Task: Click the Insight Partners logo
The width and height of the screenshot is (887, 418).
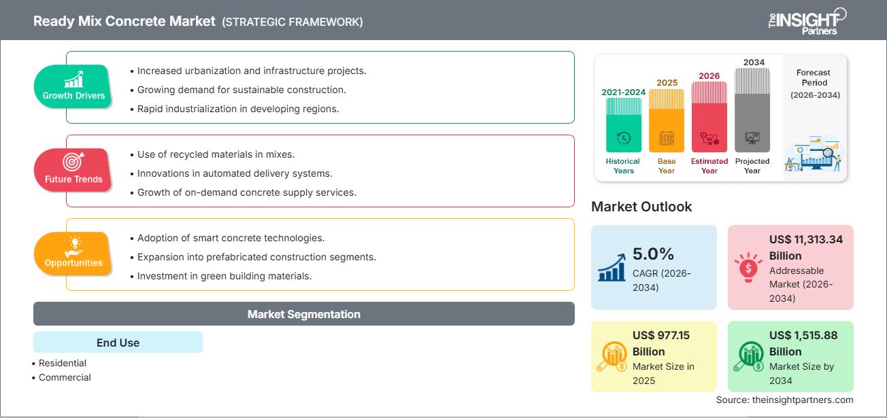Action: [807, 20]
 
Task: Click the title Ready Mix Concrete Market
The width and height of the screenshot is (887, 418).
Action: [124, 21]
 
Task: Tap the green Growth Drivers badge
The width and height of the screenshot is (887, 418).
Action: [73, 87]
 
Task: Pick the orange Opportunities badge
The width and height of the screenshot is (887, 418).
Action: [73, 254]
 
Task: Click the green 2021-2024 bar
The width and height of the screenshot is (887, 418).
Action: [623, 124]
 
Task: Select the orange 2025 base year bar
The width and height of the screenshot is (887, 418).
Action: [667, 120]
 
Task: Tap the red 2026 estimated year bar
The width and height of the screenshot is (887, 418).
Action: [709, 116]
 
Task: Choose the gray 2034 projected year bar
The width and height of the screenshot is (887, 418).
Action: [752, 109]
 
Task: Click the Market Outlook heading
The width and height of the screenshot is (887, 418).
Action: [641, 207]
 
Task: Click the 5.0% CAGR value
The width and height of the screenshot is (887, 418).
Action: [653, 254]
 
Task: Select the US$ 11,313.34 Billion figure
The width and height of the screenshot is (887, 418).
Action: [806, 247]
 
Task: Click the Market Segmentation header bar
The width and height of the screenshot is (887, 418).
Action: [303, 314]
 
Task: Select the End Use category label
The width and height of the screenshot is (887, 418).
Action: [118, 343]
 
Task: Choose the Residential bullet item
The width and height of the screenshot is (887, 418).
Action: [63, 364]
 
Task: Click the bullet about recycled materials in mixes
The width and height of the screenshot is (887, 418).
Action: [216, 154]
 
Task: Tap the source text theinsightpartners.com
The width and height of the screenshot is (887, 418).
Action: [784, 400]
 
